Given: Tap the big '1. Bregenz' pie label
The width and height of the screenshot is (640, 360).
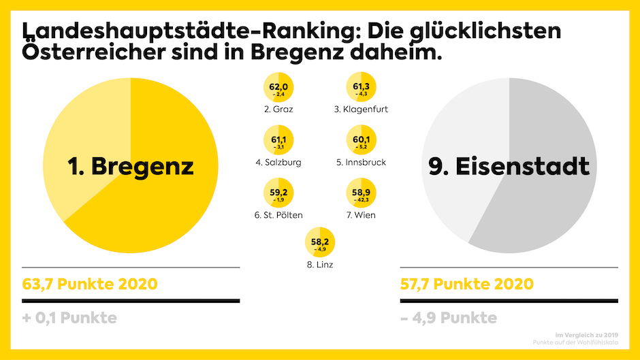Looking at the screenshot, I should click(x=131, y=166).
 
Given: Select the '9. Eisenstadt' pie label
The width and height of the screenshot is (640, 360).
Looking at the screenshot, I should click(x=509, y=166).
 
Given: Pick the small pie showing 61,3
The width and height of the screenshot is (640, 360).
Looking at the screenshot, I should click(x=362, y=88).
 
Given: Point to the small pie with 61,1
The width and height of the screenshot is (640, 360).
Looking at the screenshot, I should click(x=278, y=142).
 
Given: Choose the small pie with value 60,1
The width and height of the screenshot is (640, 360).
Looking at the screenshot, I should click(x=362, y=142).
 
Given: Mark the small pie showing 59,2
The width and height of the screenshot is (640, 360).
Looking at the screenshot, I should click(x=278, y=195).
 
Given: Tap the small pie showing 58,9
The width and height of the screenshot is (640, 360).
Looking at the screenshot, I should click(x=362, y=195).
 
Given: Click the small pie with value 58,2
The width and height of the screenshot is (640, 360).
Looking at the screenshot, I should click(x=320, y=244).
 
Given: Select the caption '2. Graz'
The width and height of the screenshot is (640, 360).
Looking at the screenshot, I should click(x=278, y=109).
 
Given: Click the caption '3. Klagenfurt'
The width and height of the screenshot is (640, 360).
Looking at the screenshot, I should click(x=362, y=109).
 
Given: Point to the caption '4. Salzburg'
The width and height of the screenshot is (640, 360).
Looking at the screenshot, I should click(x=278, y=163).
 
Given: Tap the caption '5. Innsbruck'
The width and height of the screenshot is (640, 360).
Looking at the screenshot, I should click(x=362, y=163).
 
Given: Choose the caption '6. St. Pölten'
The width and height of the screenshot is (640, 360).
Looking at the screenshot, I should click(x=278, y=215).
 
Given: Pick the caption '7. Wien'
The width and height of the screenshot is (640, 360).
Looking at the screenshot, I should click(x=362, y=215).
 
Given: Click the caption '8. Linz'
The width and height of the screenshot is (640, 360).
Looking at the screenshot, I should click(x=320, y=264).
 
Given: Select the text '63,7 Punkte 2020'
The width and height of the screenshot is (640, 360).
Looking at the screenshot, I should click(x=90, y=284).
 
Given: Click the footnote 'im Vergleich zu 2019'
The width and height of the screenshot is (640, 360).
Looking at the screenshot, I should click(x=586, y=334).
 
